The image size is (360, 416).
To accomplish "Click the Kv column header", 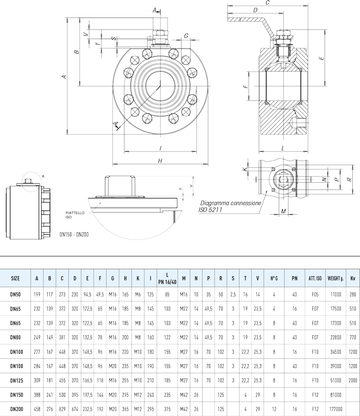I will (352, 278).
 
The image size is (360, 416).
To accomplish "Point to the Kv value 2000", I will (352, 381).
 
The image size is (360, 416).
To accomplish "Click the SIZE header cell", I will (15, 278).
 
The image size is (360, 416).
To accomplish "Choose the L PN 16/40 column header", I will (168, 278).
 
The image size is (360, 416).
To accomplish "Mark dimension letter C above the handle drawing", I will (267, 3).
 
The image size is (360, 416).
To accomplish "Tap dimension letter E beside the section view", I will (321, 59).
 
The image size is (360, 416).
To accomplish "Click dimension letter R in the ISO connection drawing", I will (349, 180).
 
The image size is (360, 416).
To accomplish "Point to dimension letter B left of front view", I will (76, 51).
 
